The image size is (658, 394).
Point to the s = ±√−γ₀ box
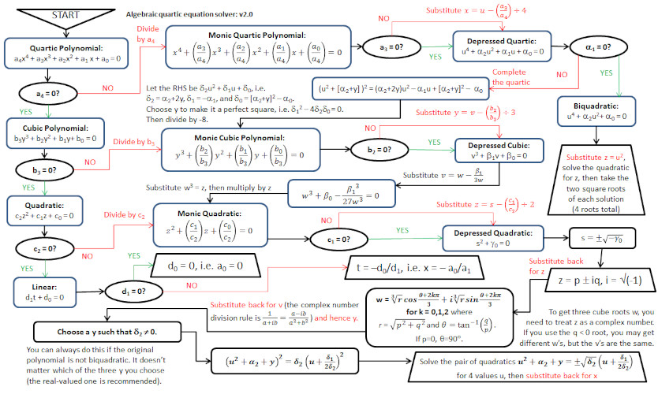coord(604,237)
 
